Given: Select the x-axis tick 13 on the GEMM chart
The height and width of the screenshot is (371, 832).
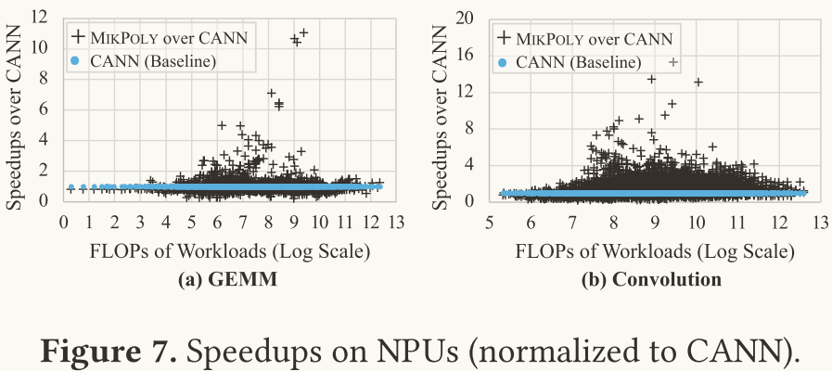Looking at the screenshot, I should tap(397, 224).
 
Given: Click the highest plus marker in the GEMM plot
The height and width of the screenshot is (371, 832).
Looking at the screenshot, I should tap(303, 32).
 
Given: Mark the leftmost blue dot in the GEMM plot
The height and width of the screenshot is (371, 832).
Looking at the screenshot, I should tap(70, 187).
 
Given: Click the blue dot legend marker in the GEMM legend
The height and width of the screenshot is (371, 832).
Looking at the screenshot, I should tap(78, 61).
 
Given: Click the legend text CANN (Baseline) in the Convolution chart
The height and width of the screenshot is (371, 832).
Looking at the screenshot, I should tap(578, 62).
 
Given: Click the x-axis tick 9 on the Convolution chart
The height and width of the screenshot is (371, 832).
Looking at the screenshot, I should tap(656, 224).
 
